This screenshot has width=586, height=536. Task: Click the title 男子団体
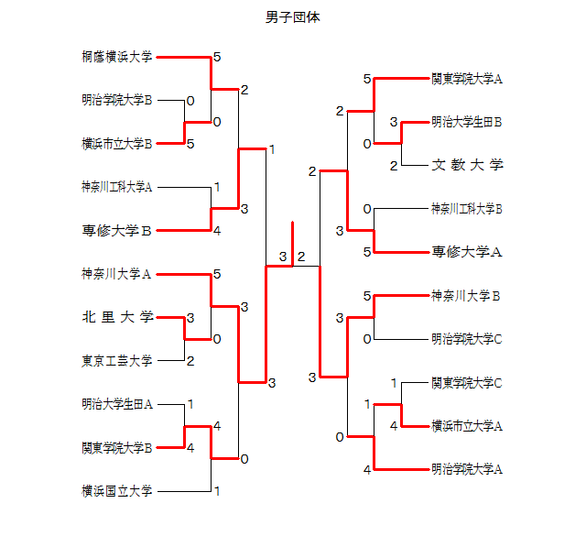292,17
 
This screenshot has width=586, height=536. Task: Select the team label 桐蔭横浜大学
117,57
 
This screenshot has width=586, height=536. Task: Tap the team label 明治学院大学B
117,100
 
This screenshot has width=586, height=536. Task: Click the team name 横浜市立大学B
117,143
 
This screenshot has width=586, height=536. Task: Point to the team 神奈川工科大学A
117,187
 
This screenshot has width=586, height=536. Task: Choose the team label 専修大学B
117,230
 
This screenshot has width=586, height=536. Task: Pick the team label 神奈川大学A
117,273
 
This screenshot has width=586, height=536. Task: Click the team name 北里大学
117,317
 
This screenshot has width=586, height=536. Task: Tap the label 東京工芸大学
117,360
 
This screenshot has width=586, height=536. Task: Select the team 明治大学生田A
117,403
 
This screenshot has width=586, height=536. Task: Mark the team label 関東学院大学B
117,447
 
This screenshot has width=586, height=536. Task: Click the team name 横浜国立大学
117,490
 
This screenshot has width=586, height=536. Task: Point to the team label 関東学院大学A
467,79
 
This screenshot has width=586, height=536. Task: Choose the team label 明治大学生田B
467,121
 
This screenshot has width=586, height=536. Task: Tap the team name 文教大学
467,165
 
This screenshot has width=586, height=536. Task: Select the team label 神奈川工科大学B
467,209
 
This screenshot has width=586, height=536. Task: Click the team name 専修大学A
467,251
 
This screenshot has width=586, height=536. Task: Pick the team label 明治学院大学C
467,339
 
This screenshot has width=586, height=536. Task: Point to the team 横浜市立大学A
467,425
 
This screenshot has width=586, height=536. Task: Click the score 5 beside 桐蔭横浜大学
217,57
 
